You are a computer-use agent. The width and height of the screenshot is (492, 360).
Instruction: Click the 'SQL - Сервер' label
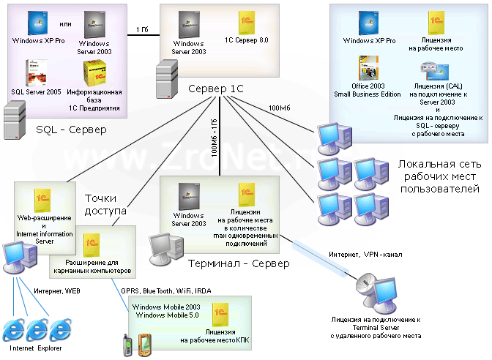pyautogui.click(x=71, y=130)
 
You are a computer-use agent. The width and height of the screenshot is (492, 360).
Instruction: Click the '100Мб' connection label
pyautogui.click(x=280, y=108)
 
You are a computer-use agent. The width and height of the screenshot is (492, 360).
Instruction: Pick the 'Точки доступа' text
pyautogui.click(x=106, y=204)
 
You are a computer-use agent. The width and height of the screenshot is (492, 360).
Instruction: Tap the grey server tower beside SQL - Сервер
pyautogui.click(x=15, y=117)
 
